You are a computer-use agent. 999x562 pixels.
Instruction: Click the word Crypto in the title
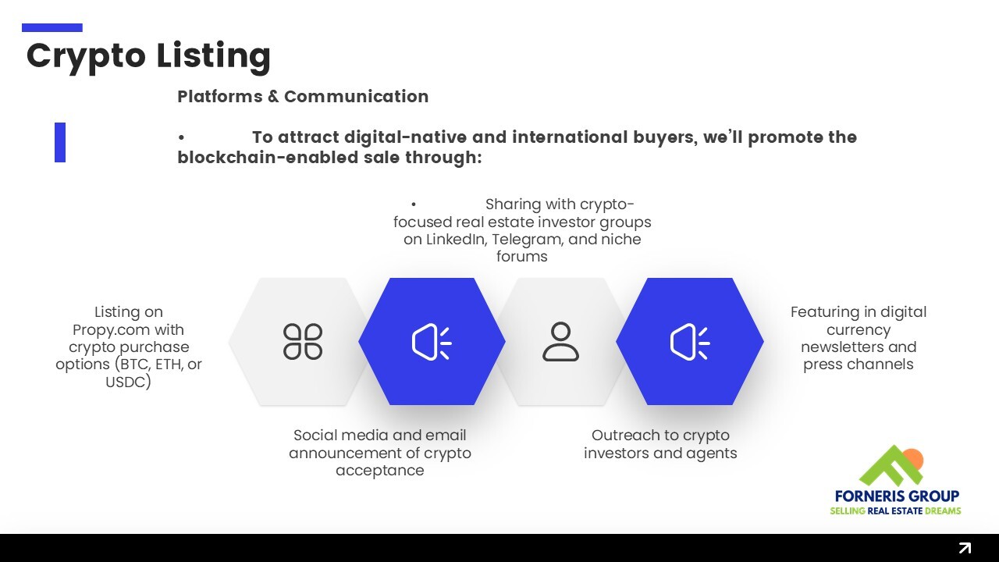point(86,56)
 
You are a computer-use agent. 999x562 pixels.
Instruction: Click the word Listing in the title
point(213,56)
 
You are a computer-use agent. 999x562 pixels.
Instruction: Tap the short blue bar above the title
point(52,27)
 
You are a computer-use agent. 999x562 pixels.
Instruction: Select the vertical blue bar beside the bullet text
point(60,142)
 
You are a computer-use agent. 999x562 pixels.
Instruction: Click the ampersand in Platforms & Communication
point(273,96)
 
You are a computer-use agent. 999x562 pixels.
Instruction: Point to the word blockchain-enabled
point(268,158)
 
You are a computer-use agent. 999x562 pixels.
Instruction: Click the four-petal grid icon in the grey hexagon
point(303,342)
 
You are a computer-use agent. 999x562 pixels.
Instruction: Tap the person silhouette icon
point(560,342)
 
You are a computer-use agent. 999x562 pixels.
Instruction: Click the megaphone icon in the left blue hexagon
point(432,342)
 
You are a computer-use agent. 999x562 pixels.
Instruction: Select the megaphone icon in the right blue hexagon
point(689,342)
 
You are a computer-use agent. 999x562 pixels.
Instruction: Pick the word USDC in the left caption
point(126,382)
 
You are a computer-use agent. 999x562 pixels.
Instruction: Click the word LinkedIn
point(457,240)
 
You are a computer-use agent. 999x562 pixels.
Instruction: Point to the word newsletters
point(828,347)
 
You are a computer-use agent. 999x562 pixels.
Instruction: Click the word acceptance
point(380,471)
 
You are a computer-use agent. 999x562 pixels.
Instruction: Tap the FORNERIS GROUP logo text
point(897,496)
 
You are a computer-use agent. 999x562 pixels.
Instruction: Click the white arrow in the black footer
point(965,548)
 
